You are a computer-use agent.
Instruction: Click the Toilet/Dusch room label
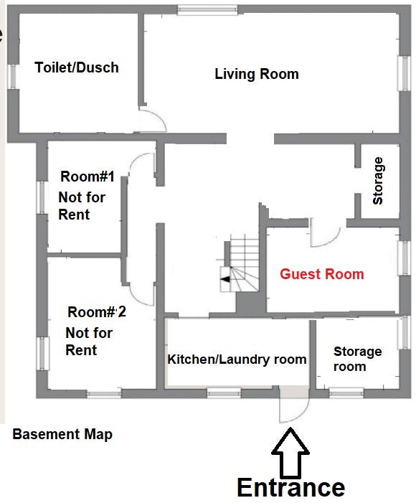77,67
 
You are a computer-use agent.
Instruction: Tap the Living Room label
257,74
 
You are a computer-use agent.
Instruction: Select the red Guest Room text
322,274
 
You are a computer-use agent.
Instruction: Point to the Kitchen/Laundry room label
237,359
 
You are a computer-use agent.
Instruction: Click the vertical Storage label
377,181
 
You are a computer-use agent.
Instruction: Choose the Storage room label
357,359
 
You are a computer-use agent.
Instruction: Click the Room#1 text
88,177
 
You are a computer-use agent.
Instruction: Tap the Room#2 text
97,312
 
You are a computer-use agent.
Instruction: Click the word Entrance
291,488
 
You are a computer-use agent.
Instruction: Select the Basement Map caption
62,434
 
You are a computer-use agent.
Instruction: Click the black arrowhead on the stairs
226,279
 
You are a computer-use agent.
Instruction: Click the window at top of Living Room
207,10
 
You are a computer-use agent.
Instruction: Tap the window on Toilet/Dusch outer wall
12,77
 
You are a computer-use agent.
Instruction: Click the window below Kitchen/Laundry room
224,393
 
